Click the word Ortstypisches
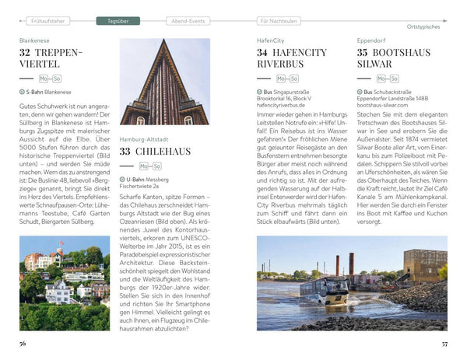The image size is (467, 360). (427, 28)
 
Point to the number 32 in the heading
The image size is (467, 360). (29, 53)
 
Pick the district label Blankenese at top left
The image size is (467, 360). (36, 39)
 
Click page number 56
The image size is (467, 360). (23, 343)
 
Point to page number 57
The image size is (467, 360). (444, 343)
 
